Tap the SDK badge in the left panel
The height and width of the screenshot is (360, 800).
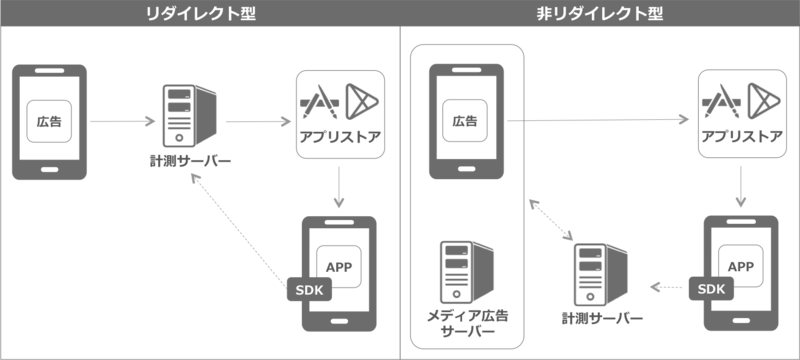point(305,289)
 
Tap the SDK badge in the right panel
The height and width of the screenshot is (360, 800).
point(710,288)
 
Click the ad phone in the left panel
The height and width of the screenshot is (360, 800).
point(48,122)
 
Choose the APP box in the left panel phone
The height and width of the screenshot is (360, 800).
point(340,265)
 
